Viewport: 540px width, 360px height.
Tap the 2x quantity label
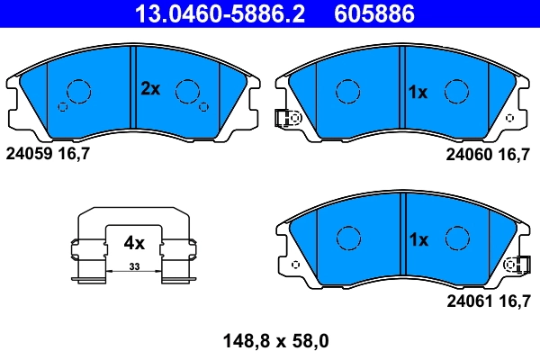(149, 88)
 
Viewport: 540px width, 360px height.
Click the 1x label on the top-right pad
(418, 92)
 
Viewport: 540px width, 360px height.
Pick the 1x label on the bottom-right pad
(418, 239)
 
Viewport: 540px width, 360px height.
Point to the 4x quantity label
(134, 242)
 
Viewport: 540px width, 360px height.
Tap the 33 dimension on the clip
(134, 267)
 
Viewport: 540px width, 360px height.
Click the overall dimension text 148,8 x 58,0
(275, 341)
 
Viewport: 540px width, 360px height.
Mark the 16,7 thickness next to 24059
(74, 155)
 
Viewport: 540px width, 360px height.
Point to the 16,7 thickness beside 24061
(515, 301)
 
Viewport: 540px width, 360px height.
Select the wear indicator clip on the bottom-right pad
(516, 265)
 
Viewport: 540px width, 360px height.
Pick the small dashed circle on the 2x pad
(62, 106)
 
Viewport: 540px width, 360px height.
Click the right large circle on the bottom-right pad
(458, 238)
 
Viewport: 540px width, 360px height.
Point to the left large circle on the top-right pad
(348, 91)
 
